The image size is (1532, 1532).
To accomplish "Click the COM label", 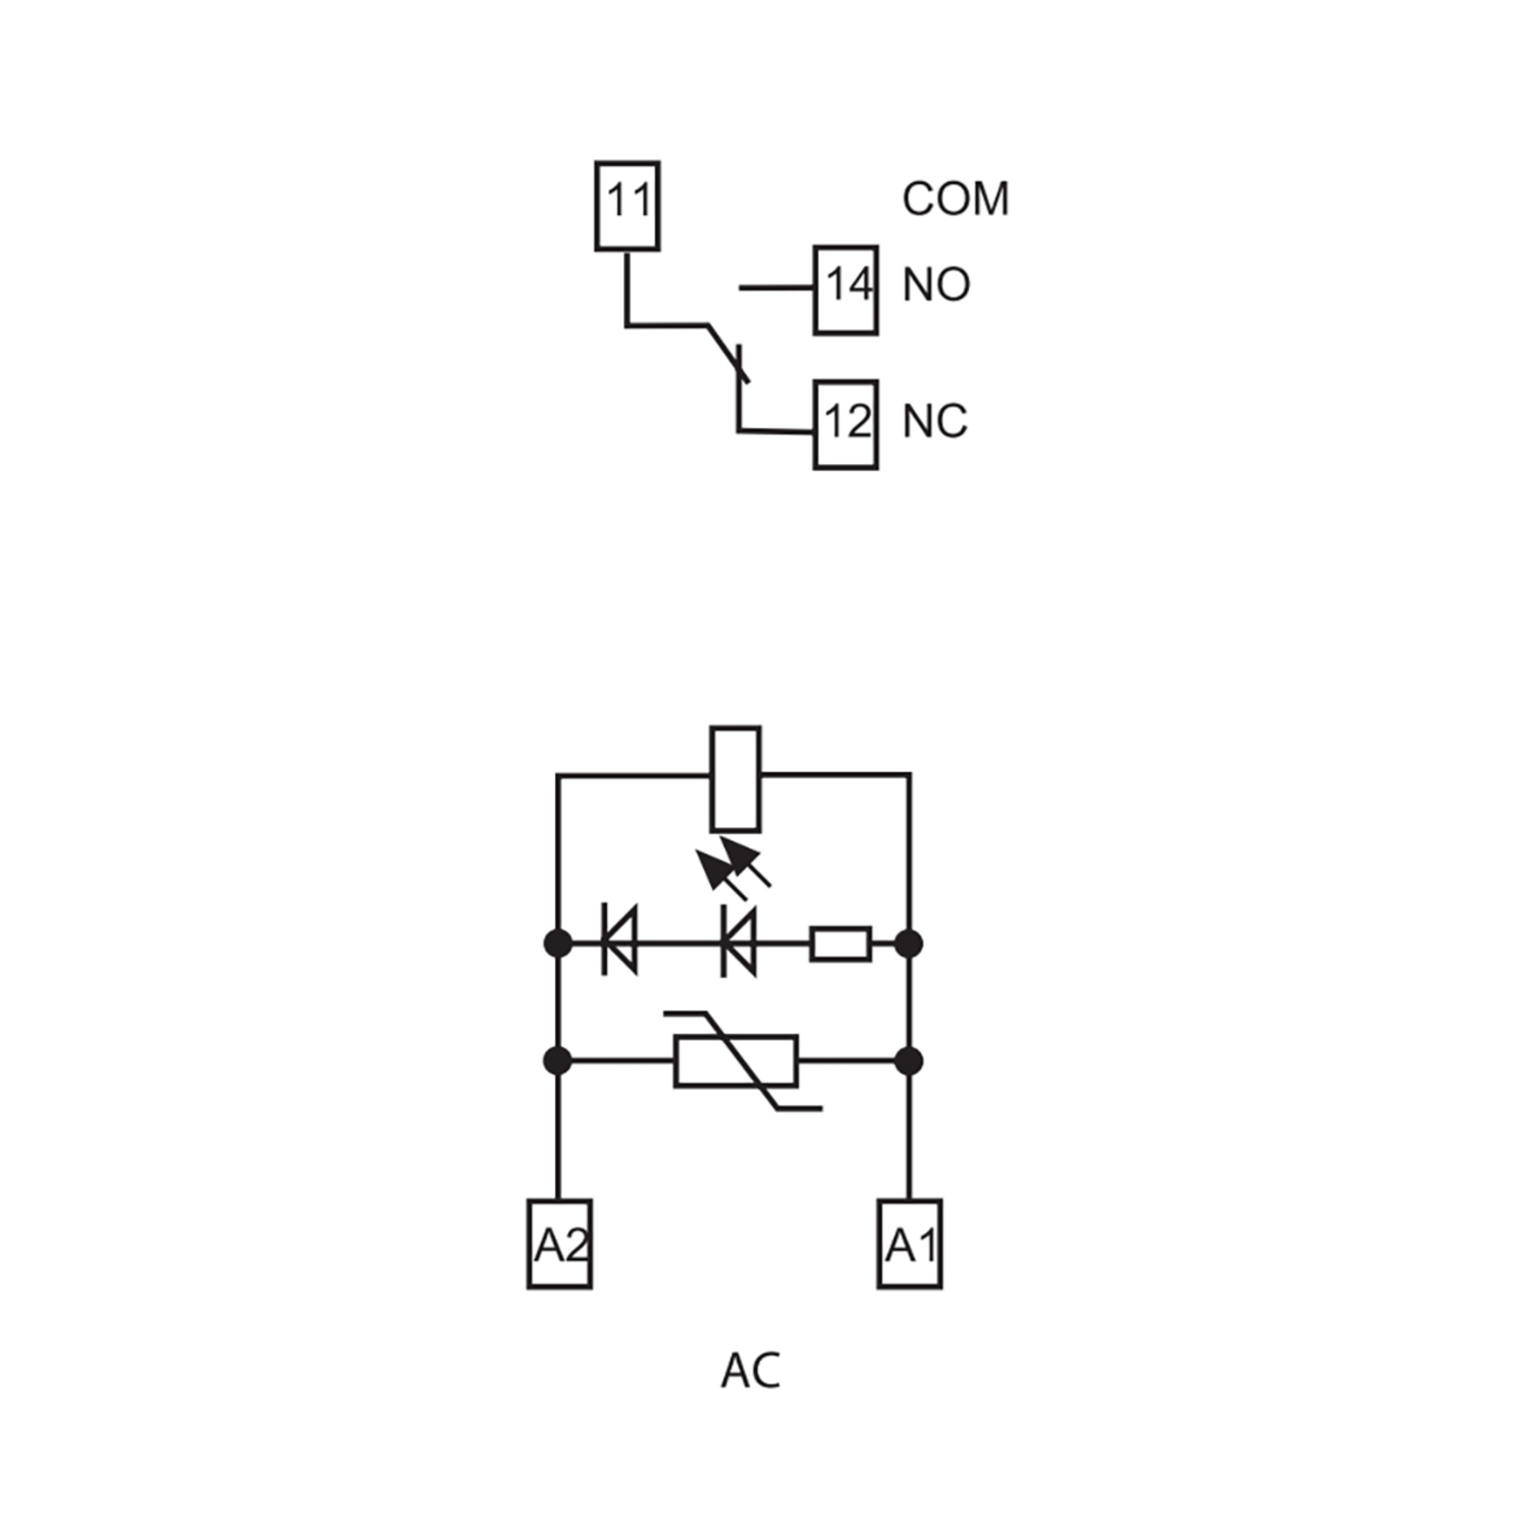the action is pyautogui.click(x=956, y=199).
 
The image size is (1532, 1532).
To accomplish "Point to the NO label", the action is pyautogui.click(x=936, y=284).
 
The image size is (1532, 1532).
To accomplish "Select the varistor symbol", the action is pyautogui.click(x=737, y=1061).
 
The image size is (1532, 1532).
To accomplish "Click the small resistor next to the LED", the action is pyautogui.click(x=841, y=943).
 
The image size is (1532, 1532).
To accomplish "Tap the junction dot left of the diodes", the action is pyautogui.click(x=559, y=943).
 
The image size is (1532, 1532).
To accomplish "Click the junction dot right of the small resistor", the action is pyautogui.click(x=909, y=943).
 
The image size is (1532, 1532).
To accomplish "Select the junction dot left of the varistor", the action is pyautogui.click(x=559, y=1061).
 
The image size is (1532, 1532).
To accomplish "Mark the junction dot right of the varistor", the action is pyautogui.click(x=909, y=1061).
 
